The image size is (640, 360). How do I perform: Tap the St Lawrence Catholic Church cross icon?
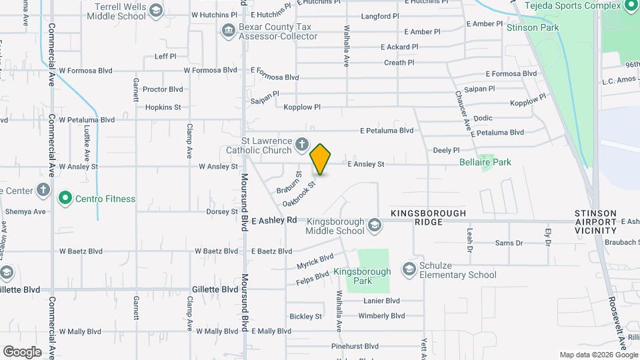(302, 143)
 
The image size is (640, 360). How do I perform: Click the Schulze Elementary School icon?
(408, 269)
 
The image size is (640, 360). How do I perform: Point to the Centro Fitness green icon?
(65, 198)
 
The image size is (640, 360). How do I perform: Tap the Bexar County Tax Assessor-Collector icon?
(229, 30)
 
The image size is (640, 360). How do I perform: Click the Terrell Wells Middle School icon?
(155, 10)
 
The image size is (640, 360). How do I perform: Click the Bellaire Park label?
(485, 162)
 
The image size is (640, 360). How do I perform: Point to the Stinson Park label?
(533, 27)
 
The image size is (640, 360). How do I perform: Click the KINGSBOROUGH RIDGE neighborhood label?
(428, 217)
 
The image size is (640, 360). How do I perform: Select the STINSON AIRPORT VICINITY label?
(595, 221)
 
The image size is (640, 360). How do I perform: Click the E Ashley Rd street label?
(274, 220)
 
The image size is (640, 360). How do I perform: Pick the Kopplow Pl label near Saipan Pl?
(302, 107)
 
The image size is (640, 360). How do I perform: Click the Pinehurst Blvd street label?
(355, 347)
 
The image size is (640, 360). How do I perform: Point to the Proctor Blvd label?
(163, 89)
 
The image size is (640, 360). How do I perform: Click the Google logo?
(22, 352)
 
